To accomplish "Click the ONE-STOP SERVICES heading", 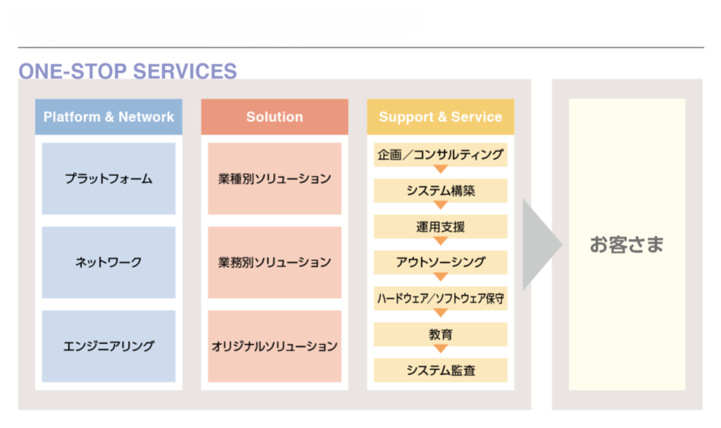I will tap(127, 71).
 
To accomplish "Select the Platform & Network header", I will tap(108, 117).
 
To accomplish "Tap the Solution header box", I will tap(275, 117).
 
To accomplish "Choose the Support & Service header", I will tap(440, 117).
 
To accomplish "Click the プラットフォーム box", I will tap(108, 179).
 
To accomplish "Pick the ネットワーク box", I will tap(108, 263).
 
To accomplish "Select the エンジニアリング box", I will tap(108, 346).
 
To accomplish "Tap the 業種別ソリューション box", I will tap(275, 179).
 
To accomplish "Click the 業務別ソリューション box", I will tap(275, 263).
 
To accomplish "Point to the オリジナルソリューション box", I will tap(275, 346).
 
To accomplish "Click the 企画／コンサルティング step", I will tap(440, 155).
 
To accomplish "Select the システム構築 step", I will tap(440, 191).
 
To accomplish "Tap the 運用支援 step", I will tap(440, 227).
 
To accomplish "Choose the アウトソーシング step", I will tap(440, 263).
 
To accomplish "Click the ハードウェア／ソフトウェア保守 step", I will tap(440, 298).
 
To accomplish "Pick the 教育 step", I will tap(440, 334).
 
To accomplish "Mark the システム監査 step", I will tap(440, 370).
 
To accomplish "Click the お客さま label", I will tap(627, 245).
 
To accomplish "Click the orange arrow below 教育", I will tap(441, 349).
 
